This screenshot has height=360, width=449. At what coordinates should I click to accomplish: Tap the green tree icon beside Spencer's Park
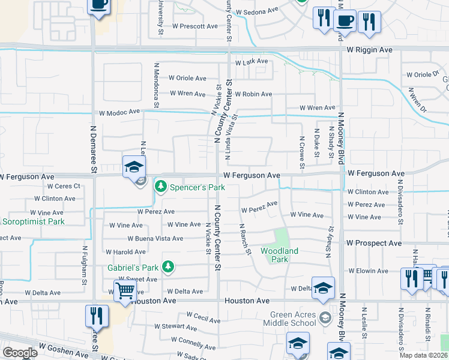tap(160, 187)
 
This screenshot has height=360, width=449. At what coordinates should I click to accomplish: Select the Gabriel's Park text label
tap(134, 267)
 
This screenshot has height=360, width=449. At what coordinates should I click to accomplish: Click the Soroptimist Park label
tap(32, 221)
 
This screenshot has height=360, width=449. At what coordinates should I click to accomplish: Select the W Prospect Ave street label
tap(374, 243)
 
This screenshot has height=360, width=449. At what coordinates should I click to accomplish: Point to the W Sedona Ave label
tap(258, 11)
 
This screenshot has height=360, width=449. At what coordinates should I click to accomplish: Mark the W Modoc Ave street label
tap(119, 112)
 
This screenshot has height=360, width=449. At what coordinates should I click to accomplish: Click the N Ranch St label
tap(244, 239)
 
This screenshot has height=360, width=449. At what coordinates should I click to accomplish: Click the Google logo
tap(20, 352)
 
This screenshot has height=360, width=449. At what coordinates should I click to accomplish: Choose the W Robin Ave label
tap(253, 94)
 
